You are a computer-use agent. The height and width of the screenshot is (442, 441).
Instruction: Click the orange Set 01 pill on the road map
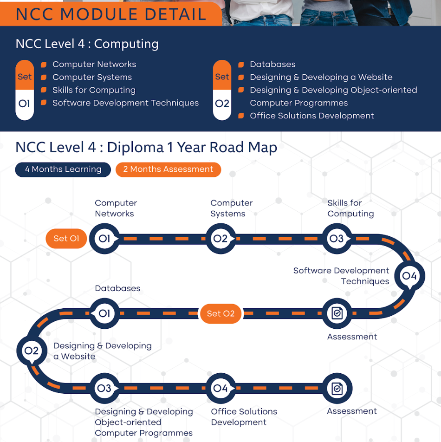click(x=66, y=239)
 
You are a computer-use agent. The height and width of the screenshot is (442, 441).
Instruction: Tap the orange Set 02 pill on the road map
click(x=220, y=313)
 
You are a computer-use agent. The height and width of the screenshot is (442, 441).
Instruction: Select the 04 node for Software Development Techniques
click(x=409, y=276)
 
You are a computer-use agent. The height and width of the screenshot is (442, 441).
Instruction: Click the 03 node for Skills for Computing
click(x=337, y=239)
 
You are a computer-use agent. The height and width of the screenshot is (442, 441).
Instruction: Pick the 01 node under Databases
click(x=104, y=313)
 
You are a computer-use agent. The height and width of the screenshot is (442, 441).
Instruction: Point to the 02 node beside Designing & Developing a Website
click(x=32, y=351)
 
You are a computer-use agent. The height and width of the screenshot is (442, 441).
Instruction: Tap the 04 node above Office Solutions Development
click(x=220, y=388)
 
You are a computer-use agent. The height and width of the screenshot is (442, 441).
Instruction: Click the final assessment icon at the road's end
click(x=337, y=388)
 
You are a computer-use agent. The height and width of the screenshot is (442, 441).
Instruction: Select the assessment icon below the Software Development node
click(x=337, y=313)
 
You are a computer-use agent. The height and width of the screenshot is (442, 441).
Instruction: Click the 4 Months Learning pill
click(x=63, y=169)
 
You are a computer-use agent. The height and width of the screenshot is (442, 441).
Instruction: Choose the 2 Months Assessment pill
click(x=168, y=169)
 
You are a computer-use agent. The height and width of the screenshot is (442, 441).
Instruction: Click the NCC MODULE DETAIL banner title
click(x=111, y=14)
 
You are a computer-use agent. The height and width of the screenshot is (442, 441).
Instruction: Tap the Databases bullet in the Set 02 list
click(x=272, y=65)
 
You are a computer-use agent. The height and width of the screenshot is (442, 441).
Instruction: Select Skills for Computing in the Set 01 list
click(x=94, y=90)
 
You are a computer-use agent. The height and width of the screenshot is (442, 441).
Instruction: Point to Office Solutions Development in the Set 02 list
click(x=311, y=116)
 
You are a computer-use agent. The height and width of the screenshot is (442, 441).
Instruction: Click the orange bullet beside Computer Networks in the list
click(x=43, y=65)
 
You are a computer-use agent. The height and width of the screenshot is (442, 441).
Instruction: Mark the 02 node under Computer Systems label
click(x=220, y=239)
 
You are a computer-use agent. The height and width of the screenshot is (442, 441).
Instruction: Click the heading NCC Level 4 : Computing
click(x=87, y=44)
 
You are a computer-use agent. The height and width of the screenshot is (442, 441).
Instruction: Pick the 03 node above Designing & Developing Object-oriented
click(x=104, y=388)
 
